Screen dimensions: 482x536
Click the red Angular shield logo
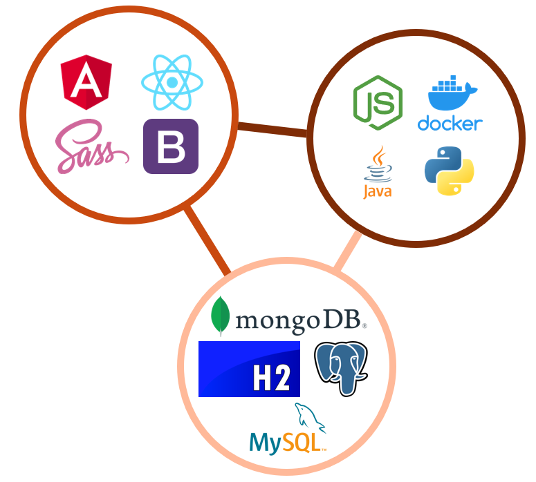click(86, 83)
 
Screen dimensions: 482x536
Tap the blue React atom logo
click(172, 84)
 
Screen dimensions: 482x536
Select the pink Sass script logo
click(91, 147)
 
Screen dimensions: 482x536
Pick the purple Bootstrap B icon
click(171, 146)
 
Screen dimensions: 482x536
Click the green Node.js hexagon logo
click(378, 103)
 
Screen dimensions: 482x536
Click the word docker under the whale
click(450, 124)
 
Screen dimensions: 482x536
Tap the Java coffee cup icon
click(378, 164)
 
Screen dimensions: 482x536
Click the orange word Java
click(378, 191)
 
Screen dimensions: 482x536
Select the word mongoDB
click(298, 320)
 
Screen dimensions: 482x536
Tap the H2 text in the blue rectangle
click(270, 378)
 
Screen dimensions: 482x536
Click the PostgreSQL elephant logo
click(341, 368)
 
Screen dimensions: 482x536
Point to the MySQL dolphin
click(308, 417)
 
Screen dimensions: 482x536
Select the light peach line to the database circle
click(348, 250)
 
